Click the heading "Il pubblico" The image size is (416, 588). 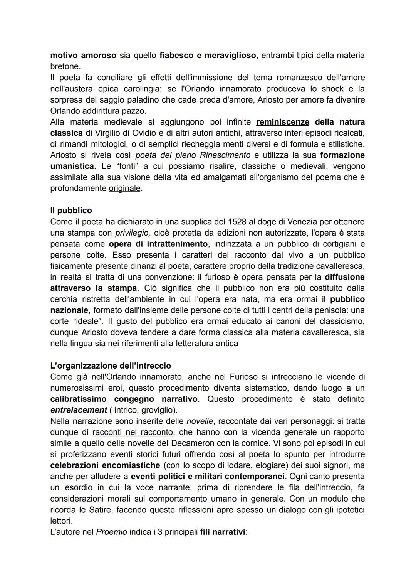pyautogui.click(x=71, y=211)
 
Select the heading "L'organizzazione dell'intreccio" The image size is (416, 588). pyautogui.click(x=111, y=366)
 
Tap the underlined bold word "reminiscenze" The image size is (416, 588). pyautogui.click(x=282, y=122)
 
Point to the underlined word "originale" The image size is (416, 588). pyautogui.click(x=124, y=189)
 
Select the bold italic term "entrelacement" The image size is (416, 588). pyautogui.click(x=79, y=410)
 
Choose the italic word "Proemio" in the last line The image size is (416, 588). pyautogui.click(x=111, y=532)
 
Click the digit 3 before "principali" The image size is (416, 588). pyautogui.click(x=159, y=532)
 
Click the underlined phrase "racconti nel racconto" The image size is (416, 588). pyautogui.click(x=133, y=432)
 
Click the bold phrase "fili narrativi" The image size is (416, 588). pyautogui.click(x=222, y=532)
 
